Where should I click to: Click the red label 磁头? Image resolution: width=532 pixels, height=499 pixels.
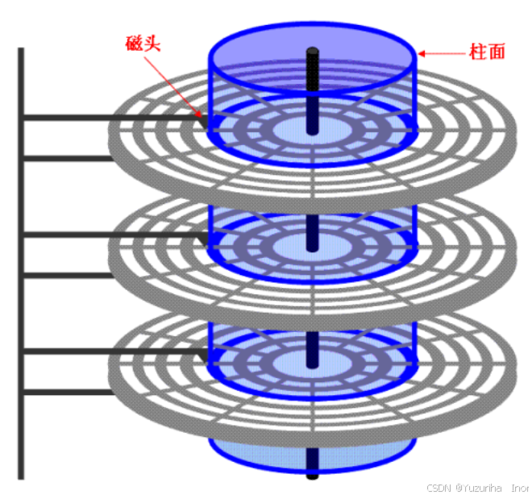[x=143, y=43]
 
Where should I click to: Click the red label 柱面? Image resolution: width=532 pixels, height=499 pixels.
[x=487, y=52]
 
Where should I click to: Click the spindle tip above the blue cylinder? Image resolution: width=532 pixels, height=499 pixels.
[x=312, y=53]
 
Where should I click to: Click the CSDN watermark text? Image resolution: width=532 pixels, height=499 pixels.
[x=438, y=488]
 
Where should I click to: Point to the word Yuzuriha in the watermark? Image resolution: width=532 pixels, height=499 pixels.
[x=481, y=488]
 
